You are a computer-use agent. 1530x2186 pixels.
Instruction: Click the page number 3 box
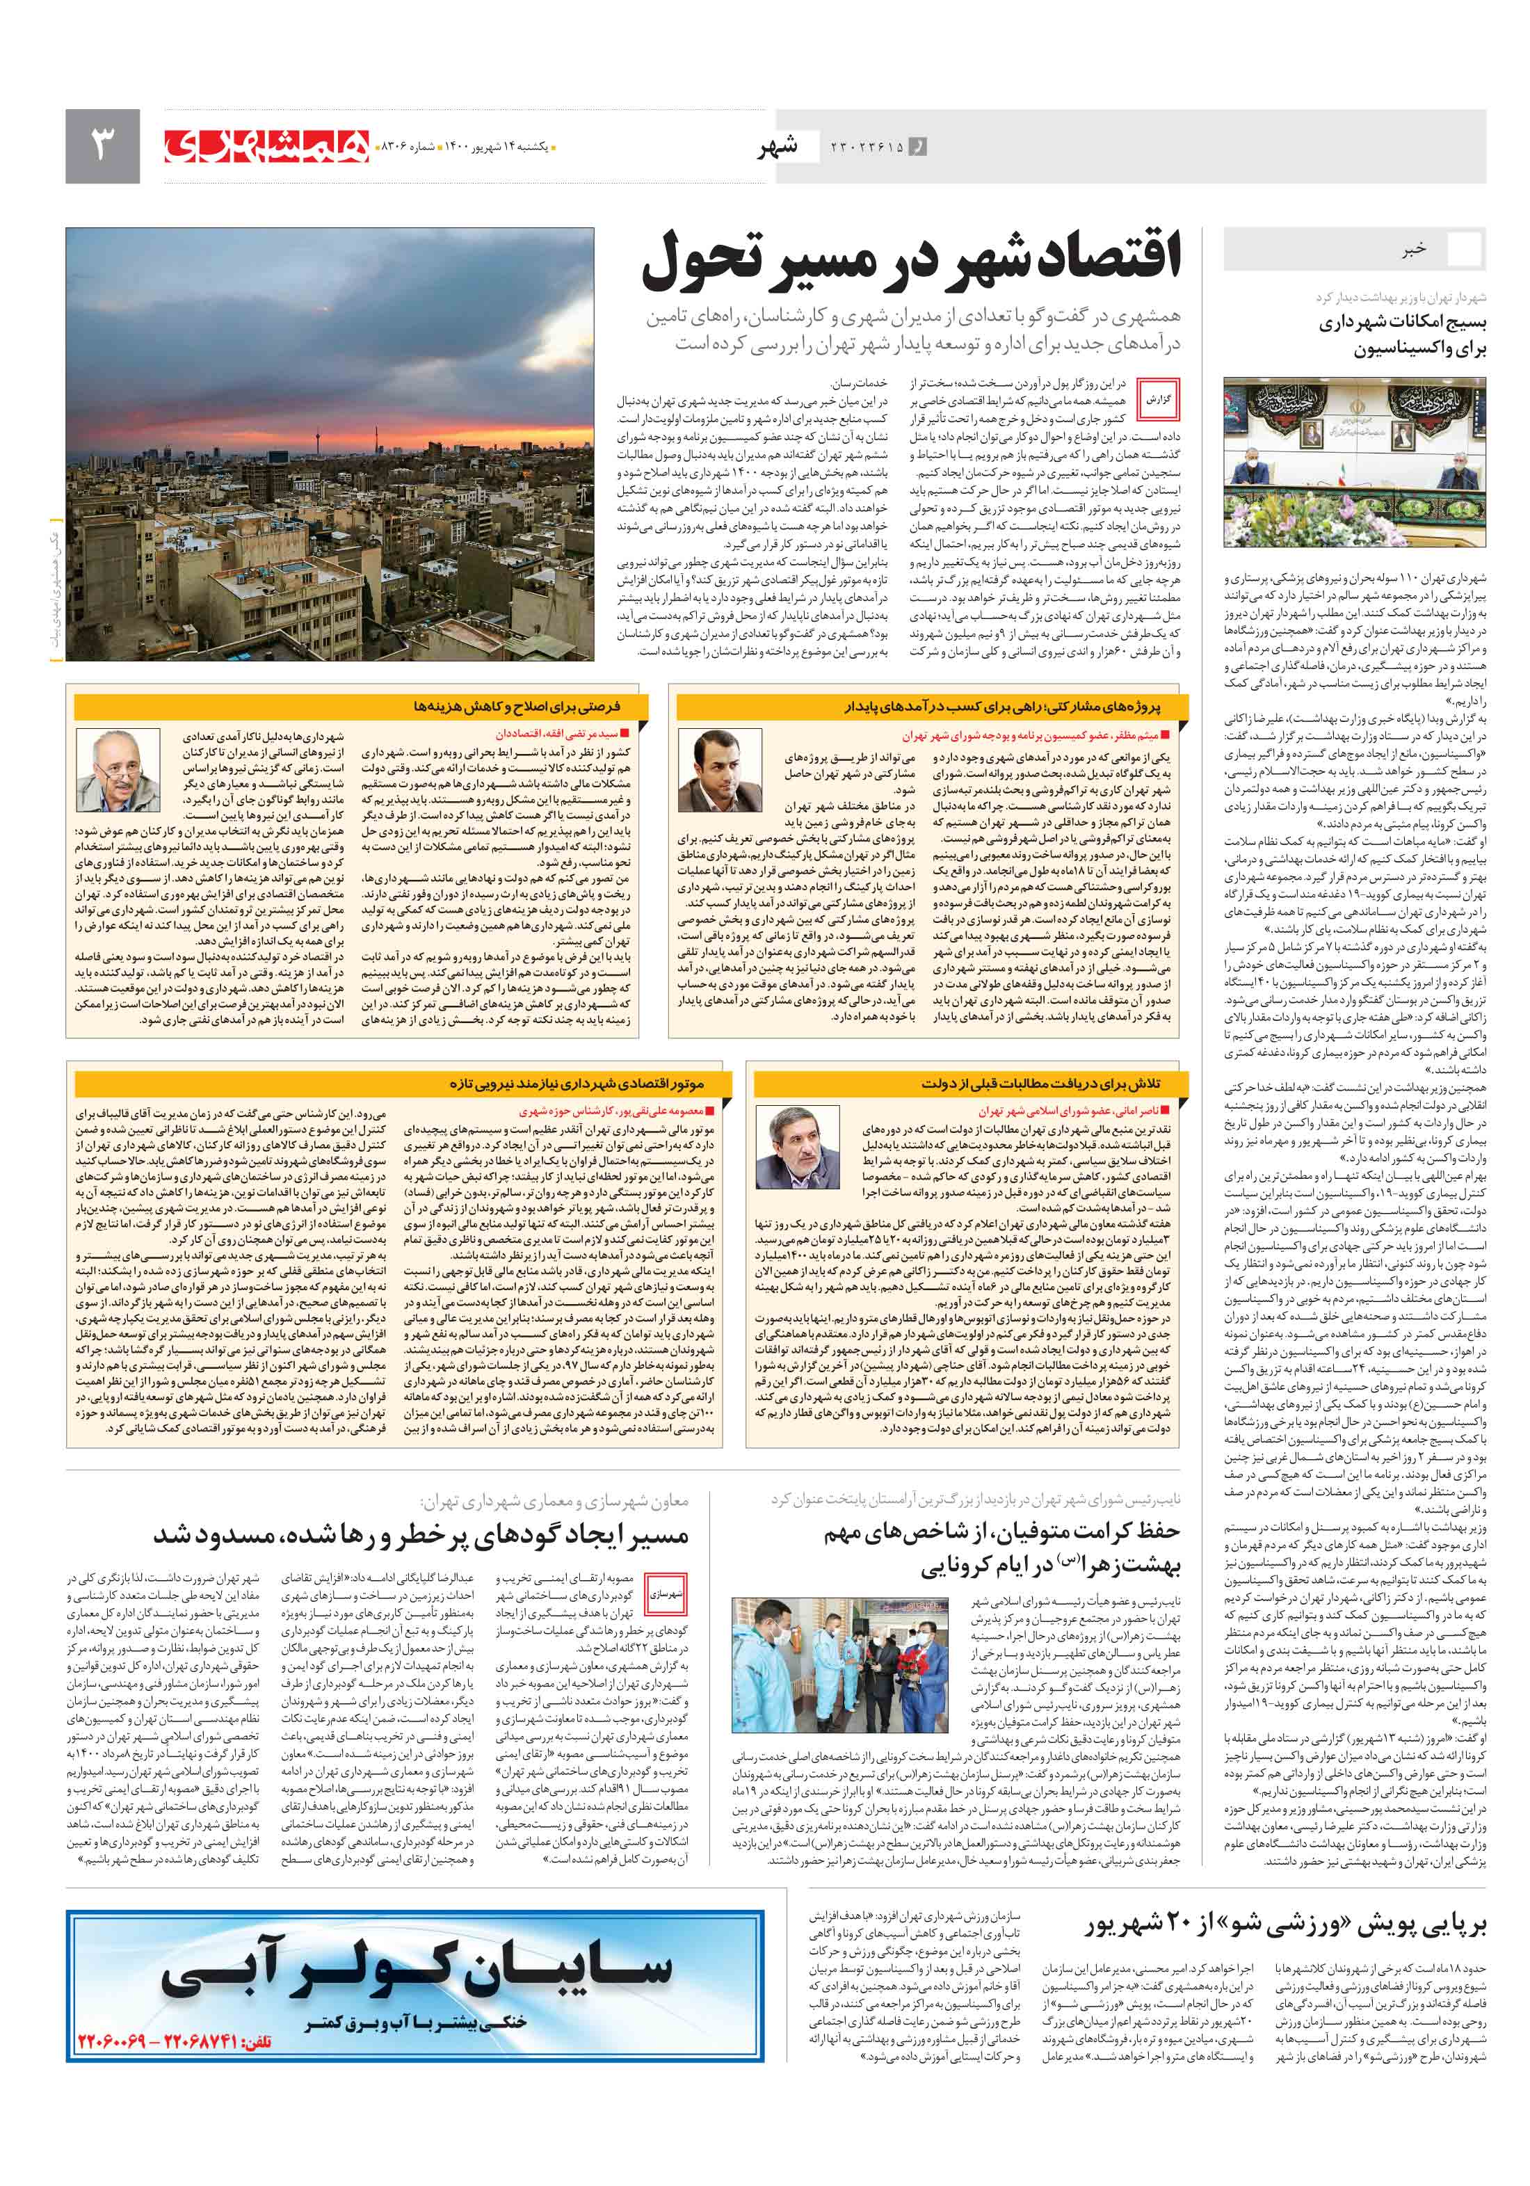[102, 145]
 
